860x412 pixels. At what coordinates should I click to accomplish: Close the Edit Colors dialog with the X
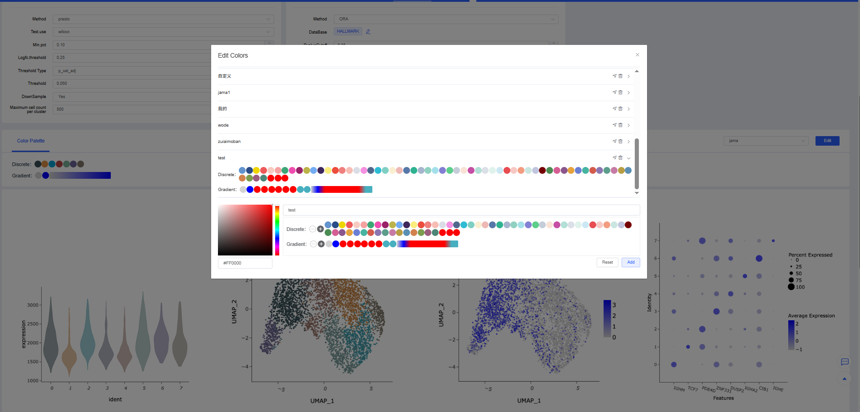click(x=638, y=55)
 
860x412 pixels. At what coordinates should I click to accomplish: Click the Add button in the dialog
click(x=631, y=262)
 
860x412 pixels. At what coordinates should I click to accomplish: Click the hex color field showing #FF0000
click(x=245, y=263)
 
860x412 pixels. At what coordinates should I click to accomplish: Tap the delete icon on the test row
click(x=621, y=158)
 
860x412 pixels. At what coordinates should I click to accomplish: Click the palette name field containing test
click(x=461, y=210)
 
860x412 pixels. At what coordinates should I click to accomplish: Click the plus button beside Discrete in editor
click(x=321, y=229)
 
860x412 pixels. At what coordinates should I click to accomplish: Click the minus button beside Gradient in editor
click(x=313, y=244)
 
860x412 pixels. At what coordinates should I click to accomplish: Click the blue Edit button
click(x=827, y=141)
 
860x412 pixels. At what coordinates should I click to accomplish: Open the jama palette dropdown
click(x=766, y=141)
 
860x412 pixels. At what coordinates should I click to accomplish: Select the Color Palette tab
click(x=31, y=141)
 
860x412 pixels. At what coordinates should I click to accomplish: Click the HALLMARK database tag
click(x=348, y=31)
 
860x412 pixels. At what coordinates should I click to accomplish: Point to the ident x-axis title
click(x=115, y=399)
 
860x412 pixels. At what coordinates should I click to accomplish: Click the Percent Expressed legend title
click(x=811, y=255)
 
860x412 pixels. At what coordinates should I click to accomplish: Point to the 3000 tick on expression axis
click(x=33, y=305)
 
